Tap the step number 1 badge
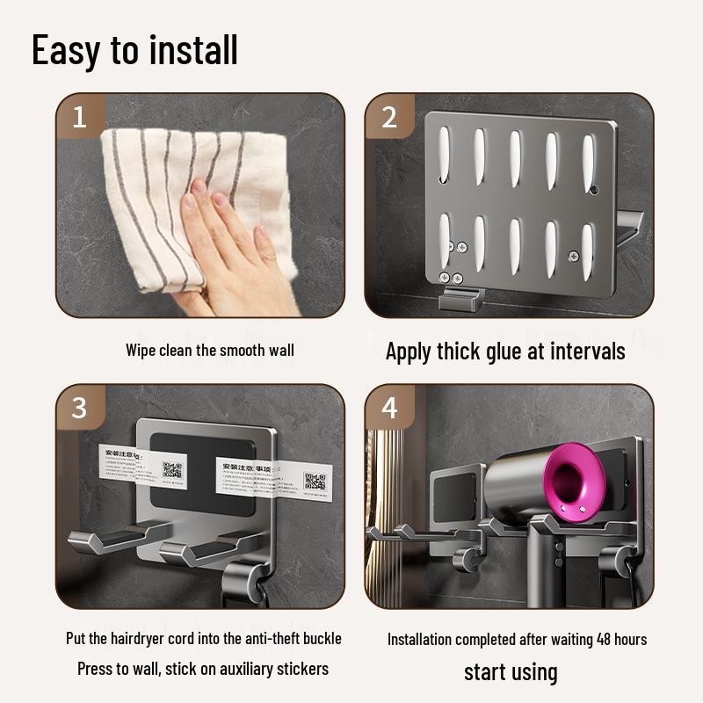[x=79, y=117]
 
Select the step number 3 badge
[x=79, y=408]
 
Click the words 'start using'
[x=511, y=672]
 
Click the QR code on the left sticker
[x=172, y=468]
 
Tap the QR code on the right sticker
[x=315, y=481]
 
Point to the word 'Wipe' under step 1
[x=141, y=350]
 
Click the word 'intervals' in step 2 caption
[x=588, y=351]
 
